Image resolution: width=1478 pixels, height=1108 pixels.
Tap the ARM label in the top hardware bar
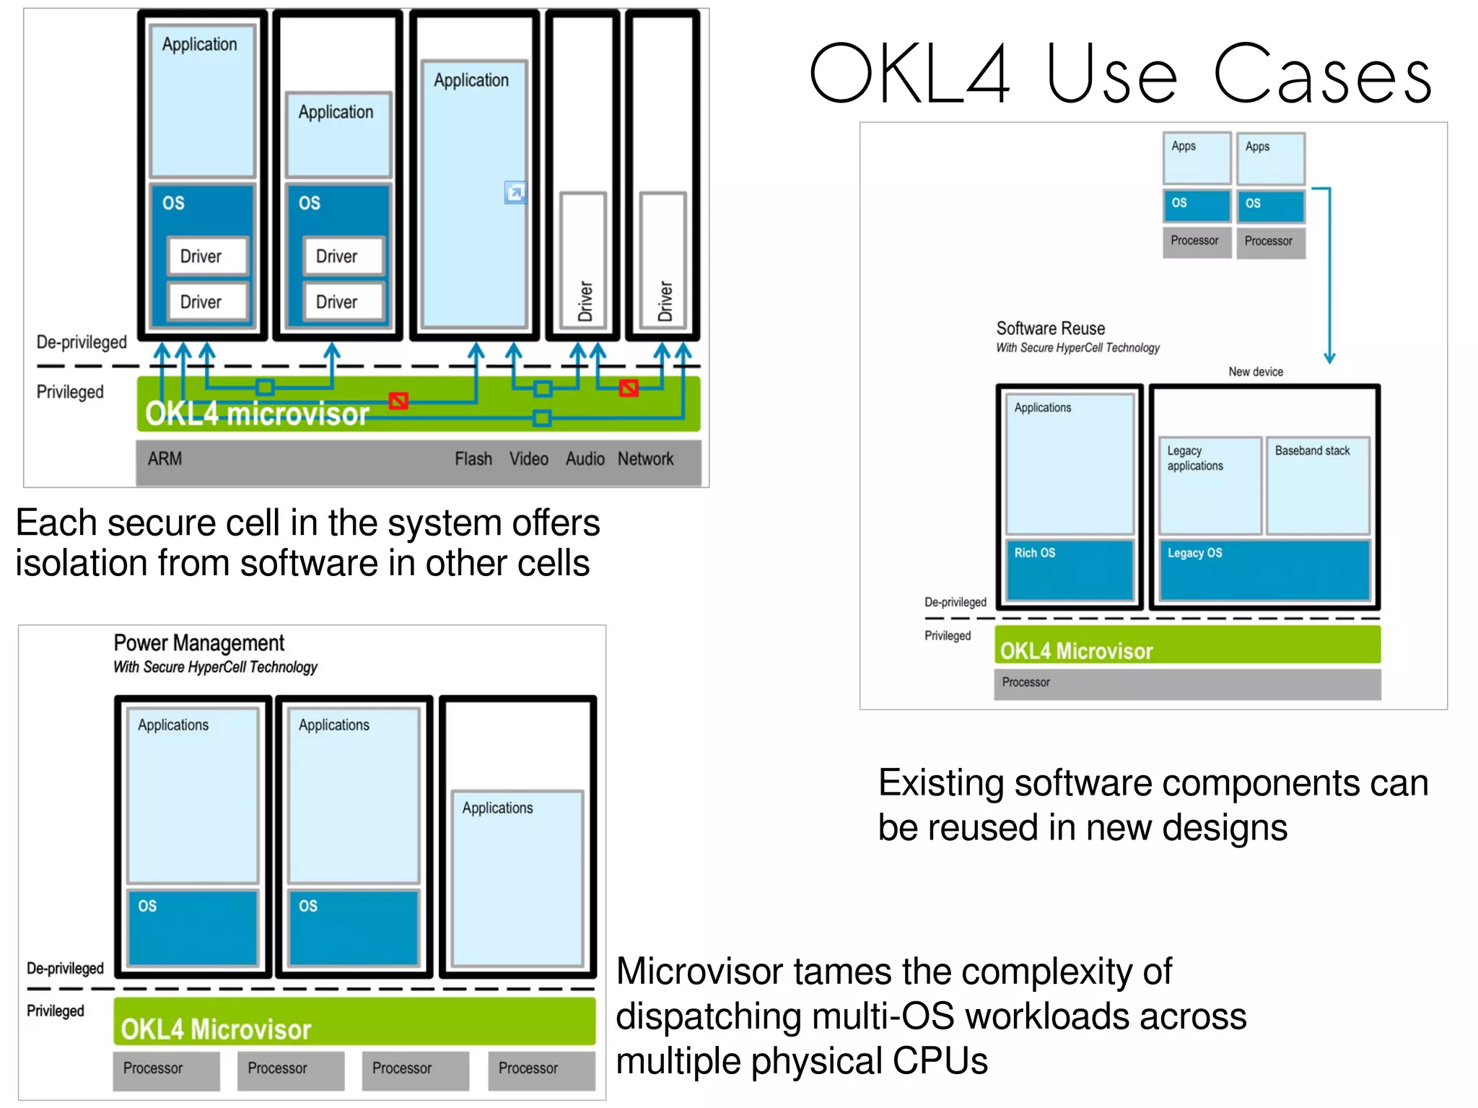165,459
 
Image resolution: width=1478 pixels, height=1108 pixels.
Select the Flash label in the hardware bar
473,459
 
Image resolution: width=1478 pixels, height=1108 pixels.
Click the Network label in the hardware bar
645,459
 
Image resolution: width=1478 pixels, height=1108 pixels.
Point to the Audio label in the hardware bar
585,459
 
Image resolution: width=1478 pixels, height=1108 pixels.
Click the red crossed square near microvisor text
398,401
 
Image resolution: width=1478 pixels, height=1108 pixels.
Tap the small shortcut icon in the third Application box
515,192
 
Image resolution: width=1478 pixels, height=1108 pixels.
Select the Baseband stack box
1318,484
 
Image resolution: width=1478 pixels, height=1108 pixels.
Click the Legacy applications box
1210,484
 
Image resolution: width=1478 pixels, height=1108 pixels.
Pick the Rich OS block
1069,570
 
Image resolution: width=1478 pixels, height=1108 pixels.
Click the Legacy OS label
1194,554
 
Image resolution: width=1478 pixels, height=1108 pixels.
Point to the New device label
1256,372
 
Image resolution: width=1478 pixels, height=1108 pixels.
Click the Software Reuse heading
1050,328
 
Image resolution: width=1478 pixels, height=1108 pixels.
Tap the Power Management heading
199,643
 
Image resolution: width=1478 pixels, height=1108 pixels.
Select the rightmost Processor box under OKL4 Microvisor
541,1069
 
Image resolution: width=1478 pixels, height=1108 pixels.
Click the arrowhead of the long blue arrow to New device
1329,359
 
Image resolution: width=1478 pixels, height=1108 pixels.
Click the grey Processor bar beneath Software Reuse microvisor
1187,683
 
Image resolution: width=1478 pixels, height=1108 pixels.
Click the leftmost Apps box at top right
1197,157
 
